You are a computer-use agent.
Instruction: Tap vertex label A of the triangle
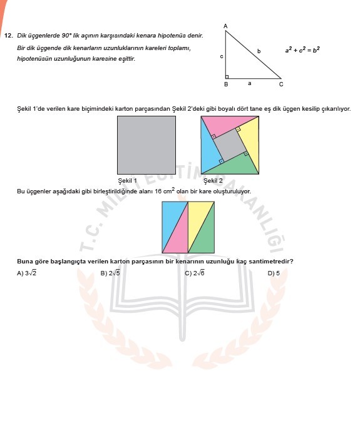coord(225,26)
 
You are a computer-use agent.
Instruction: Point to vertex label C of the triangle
coord(281,84)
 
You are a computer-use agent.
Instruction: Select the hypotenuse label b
coord(259,49)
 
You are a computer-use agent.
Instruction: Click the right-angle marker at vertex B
coord(227,76)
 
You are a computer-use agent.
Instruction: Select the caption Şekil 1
coord(128,181)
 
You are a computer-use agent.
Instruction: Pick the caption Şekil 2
coord(213,181)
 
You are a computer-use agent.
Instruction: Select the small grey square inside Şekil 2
coord(230,146)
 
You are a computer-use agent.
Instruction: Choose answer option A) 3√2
coord(27,273)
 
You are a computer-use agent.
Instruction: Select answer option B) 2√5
coord(110,273)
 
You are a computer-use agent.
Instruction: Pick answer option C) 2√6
coord(195,273)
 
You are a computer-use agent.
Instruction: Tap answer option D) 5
coord(274,273)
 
